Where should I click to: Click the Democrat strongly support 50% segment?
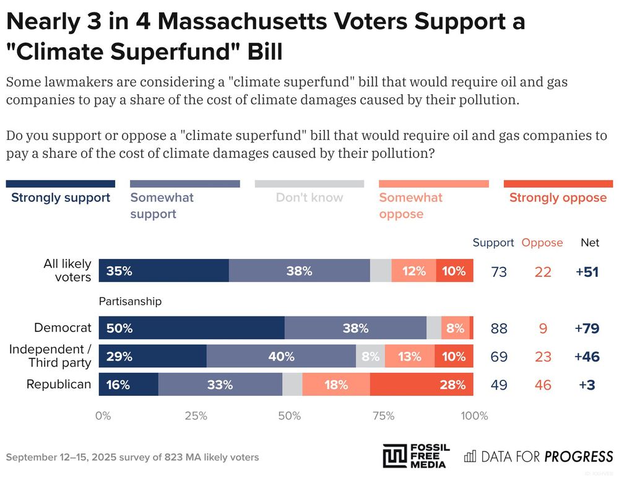tap(191, 328)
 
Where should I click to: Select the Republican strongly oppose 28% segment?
tap(422, 384)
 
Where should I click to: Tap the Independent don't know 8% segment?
tap(370, 356)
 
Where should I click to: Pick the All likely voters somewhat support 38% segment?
tap(299, 271)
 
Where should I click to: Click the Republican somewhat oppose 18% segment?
tap(336, 384)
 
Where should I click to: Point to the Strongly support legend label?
tap(61, 198)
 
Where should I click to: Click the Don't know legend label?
tap(309, 198)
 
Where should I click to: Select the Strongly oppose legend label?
tap(558, 198)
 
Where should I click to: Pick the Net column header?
tap(590, 242)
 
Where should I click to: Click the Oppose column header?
tap(542, 242)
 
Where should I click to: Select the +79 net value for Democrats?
tap(587, 328)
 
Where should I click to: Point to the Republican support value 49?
tap(499, 385)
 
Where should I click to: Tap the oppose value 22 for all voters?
tap(543, 271)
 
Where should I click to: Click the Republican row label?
tap(59, 384)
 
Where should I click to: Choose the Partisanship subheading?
tap(130, 302)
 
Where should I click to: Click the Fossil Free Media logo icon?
tap(395, 456)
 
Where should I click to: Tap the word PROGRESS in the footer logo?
tap(578, 457)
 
